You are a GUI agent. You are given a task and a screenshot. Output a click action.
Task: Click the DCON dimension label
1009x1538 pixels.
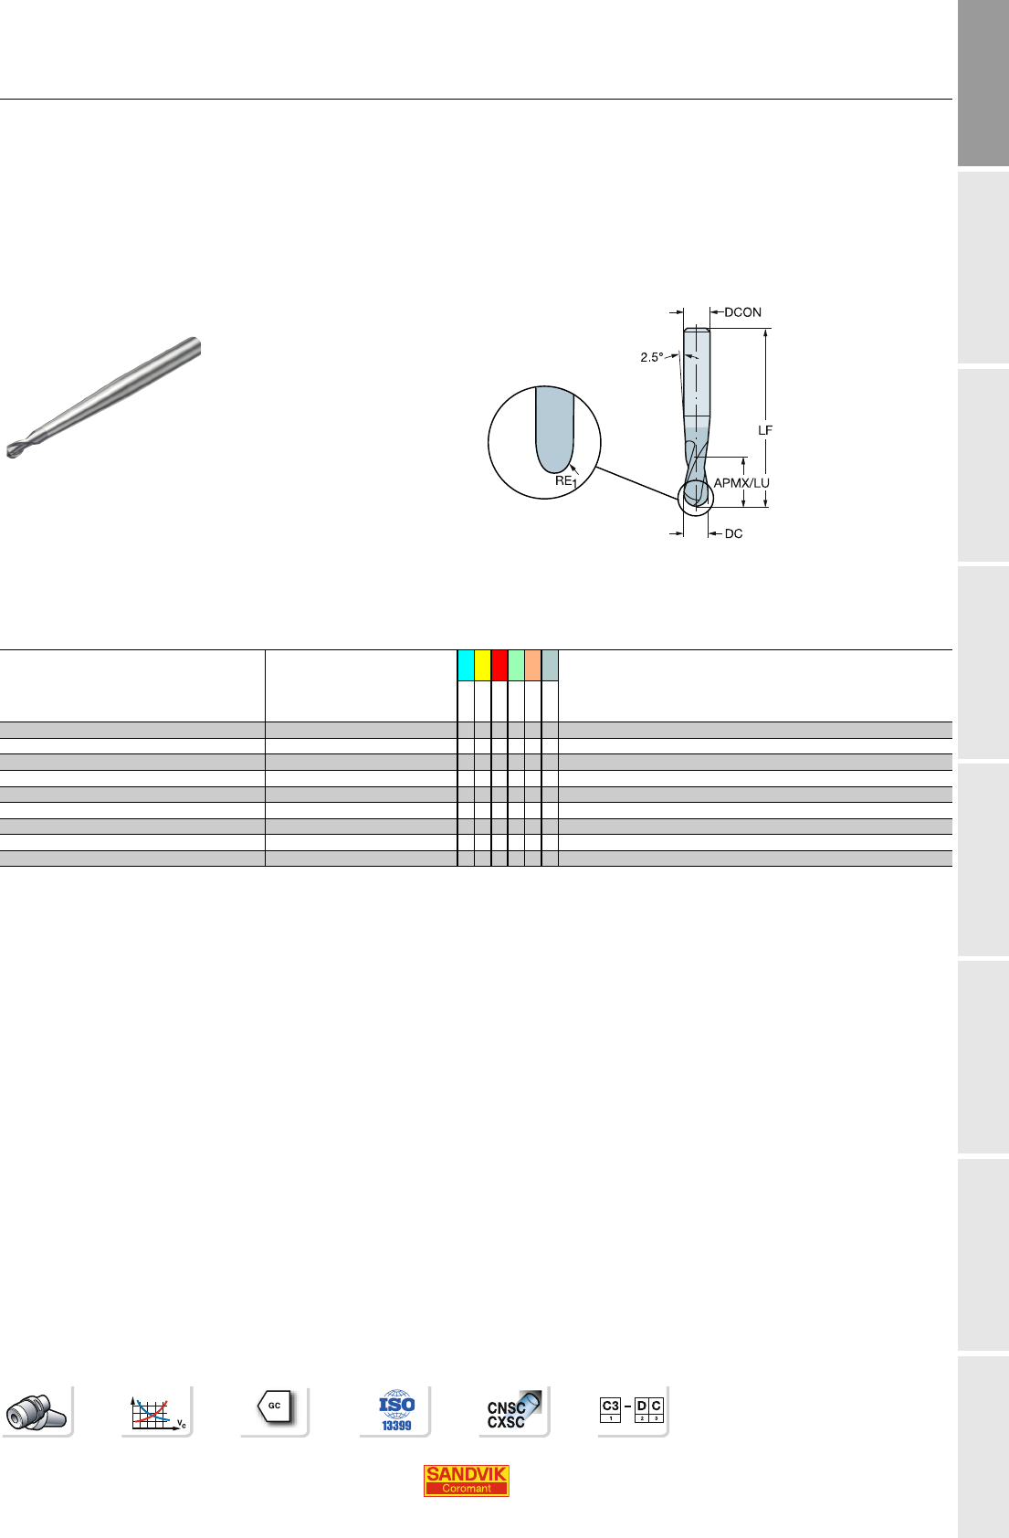[742, 312]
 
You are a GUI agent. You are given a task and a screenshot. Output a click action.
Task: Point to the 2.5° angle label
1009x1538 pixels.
[651, 357]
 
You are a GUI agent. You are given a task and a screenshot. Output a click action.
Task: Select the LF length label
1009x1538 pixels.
[764, 430]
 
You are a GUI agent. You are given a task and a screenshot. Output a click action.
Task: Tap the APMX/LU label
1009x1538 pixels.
[741, 483]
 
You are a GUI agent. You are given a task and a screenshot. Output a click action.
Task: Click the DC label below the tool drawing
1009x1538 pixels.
[733, 533]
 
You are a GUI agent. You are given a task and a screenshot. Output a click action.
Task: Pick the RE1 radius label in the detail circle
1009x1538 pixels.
[565, 481]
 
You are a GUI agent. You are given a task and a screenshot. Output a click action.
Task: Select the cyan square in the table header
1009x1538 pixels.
[466, 665]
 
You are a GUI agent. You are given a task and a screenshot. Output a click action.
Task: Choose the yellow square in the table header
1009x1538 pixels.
[482, 665]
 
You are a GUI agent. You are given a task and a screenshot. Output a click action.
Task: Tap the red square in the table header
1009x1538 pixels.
[499, 665]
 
